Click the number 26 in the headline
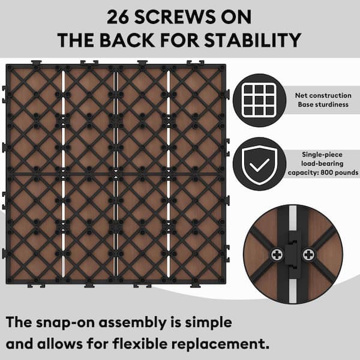pyautogui.click(x=118, y=17)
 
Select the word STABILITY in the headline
pyautogui.click(x=253, y=40)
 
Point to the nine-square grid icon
pyautogui.click(x=259, y=100)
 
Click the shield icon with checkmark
pyautogui.click(x=259, y=164)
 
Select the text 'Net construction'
pyautogui.click(x=323, y=95)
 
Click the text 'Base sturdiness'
pyautogui.click(x=323, y=104)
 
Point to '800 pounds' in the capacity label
pyautogui.click(x=340, y=172)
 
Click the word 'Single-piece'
pyautogui.click(x=322, y=155)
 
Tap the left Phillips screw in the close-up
pyautogui.click(x=277, y=254)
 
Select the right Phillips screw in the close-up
pyautogui.click(x=308, y=254)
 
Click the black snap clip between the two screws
pyautogui.click(x=293, y=254)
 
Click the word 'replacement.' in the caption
pyautogui.click(x=220, y=344)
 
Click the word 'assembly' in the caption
pyautogui.click(x=133, y=323)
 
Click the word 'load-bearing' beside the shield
pyautogui.click(x=322, y=163)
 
